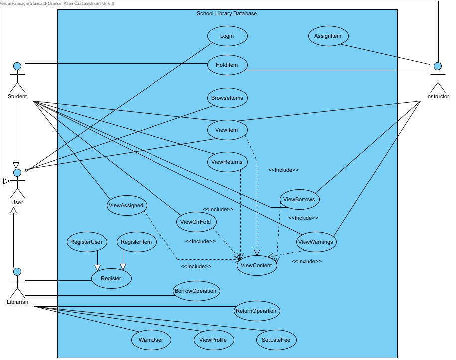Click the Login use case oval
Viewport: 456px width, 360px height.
[227, 36]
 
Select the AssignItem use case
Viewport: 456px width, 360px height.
[328, 36]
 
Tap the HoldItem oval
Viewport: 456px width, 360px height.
[227, 65]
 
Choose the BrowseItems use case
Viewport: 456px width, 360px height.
[227, 98]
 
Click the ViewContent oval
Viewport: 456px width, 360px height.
[256, 265]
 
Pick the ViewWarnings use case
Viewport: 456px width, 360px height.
[316, 242]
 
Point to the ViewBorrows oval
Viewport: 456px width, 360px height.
[299, 199]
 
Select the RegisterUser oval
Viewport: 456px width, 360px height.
[86, 242]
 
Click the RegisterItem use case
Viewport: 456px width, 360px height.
[137, 242]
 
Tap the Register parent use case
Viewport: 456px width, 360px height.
[111, 278]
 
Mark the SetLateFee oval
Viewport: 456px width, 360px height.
[276, 340]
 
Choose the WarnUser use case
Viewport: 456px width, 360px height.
[151, 340]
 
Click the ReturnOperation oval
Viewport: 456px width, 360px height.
[257, 311]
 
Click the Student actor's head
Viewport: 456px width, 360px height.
[17, 66]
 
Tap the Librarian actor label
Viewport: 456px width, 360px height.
[17, 302]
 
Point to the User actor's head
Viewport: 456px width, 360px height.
[17, 173]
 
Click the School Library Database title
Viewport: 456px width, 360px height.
[227, 13]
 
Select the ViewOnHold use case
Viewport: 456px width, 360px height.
[196, 222]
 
